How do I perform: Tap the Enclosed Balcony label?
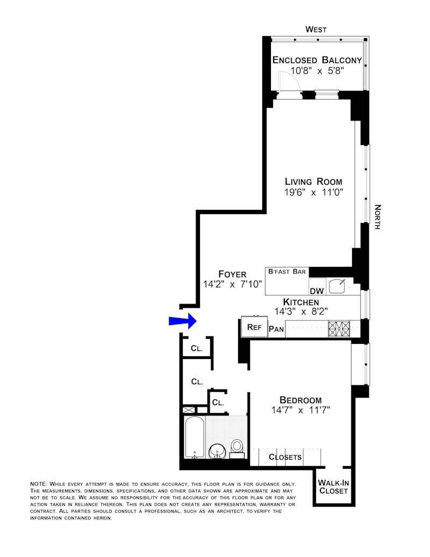317,60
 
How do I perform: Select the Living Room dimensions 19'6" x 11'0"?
313,192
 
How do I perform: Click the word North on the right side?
377,217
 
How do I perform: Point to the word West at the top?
316,30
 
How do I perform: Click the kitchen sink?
338,286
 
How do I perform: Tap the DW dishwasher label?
316,292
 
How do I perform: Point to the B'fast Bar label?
287,272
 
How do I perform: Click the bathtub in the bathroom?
194,437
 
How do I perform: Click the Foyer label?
232,274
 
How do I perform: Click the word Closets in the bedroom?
285,457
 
